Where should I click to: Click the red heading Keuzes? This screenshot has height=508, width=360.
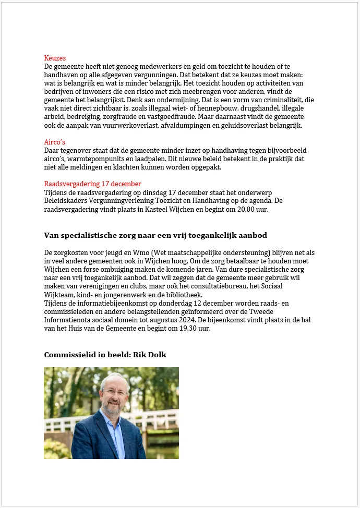(55, 58)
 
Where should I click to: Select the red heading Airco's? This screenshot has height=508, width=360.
(55, 142)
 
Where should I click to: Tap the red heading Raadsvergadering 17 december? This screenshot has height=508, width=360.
(92, 184)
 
